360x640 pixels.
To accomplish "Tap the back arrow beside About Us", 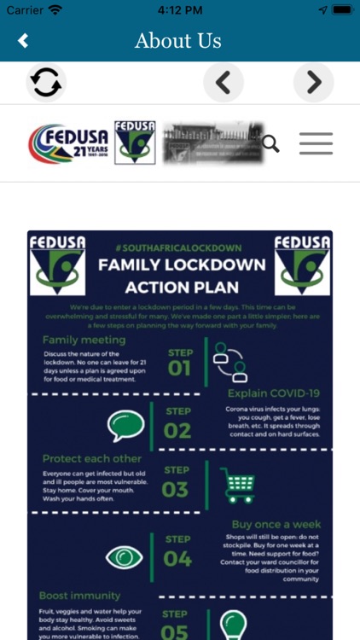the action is coord(23,41).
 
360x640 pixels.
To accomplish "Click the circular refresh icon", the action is coord(46,82).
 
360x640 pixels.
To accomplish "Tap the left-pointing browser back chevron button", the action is coord(224,82).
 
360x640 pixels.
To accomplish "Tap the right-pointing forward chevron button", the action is coord(313,82).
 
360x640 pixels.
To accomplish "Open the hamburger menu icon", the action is coord(316,143).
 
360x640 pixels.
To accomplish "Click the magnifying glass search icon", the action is coord(270,143).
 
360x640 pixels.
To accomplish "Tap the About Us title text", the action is coord(178,41).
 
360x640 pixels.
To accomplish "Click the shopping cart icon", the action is coord(237,485).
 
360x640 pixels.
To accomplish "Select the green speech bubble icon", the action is coord(125,423).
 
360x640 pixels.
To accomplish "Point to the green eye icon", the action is coord(125,557).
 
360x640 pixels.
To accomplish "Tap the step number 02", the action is coord(177,430).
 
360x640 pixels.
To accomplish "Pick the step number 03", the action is coord(175,489).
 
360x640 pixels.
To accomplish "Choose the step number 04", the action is coord(177,559).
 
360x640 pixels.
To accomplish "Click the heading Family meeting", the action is coord(84,340).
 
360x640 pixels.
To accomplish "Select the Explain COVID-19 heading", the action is coord(273,393).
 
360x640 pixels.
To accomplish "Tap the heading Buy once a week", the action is coord(275,524).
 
